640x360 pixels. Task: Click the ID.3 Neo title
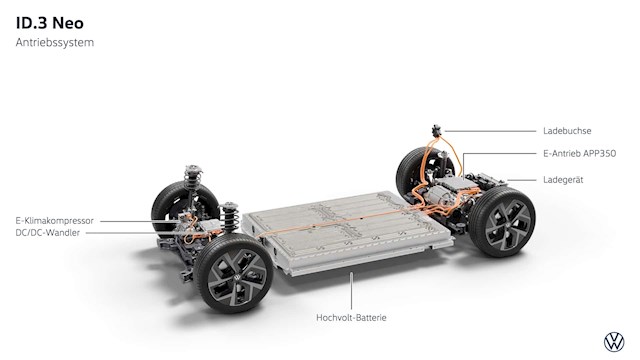click(x=50, y=23)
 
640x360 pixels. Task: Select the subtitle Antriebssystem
click(x=55, y=42)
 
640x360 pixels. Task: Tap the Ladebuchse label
click(x=567, y=131)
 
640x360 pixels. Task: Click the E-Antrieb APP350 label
click(x=579, y=153)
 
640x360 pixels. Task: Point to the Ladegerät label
click(x=563, y=180)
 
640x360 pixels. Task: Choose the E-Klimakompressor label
click(x=55, y=221)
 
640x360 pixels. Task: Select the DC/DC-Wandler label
click(x=48, y=233)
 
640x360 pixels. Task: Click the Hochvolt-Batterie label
click(x=351, y=318)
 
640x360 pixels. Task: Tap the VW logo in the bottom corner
click(x=614, y=342)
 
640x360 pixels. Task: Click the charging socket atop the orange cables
click(x=437, y=131)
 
